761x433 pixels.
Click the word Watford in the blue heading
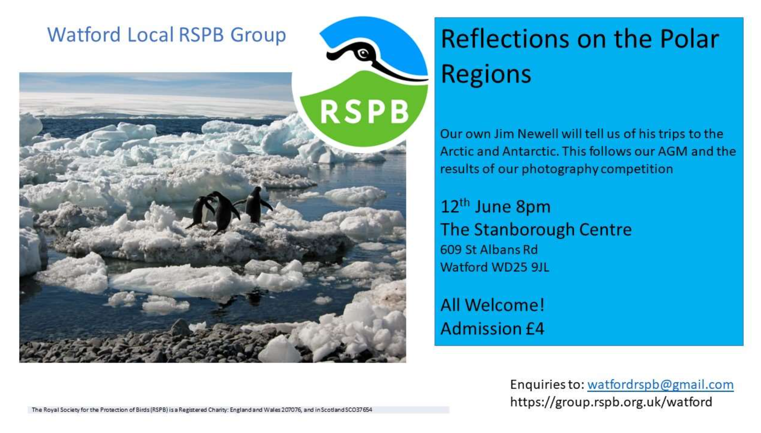point(84,35)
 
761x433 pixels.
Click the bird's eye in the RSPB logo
point(364,53)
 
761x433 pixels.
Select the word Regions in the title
point(486,74)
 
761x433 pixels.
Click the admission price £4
point(535,329)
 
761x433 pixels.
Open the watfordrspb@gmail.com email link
point(660,385)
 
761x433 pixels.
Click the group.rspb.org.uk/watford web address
point(611,402)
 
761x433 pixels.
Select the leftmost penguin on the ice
point(201,212)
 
